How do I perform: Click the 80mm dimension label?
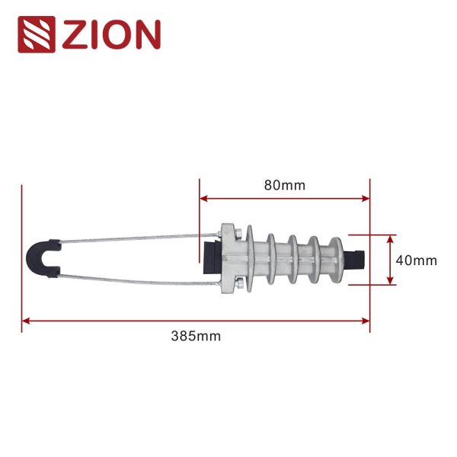[283, 184]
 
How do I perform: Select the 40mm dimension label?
[417, 260]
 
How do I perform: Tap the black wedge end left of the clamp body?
[209, 258]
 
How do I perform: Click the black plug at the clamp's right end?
[356, 259]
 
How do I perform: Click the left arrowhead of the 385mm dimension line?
[26, 321]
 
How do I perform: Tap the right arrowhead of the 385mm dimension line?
[366, 321]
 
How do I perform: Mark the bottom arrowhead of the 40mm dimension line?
[391, 281]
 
